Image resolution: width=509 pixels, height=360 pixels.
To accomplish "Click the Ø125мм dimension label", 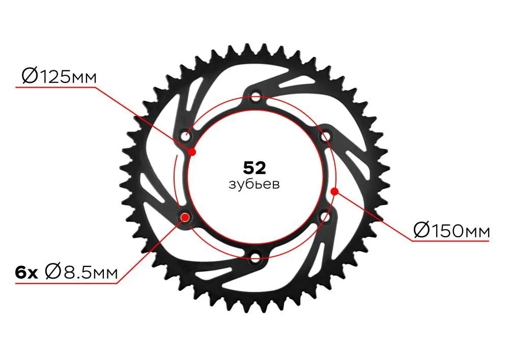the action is click(59, 76).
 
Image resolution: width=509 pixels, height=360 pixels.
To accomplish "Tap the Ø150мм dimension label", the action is click(451, 231).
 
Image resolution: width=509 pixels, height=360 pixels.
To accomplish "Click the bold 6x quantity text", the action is click(26, 273).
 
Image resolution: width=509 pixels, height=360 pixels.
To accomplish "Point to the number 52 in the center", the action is click(254, 168).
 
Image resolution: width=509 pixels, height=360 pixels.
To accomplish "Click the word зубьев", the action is click(254, 184).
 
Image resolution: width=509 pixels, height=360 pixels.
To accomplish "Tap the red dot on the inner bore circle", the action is click(192, 152).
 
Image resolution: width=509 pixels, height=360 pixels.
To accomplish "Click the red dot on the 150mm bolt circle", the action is click(334, 191).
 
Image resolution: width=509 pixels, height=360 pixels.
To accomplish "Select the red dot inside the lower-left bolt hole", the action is click(185, 217).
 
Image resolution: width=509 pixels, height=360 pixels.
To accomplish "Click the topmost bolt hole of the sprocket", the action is click(256, 97).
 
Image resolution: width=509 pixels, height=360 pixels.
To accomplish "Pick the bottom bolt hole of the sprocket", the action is click(256, 258).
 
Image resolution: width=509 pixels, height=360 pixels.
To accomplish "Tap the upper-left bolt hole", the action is click(186, 135).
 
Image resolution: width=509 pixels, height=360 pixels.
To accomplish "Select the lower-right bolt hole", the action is click(325, 217).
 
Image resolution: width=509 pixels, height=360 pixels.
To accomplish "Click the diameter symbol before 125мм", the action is click(30, 76).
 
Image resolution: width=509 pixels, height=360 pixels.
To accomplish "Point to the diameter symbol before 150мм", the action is click(422, 231).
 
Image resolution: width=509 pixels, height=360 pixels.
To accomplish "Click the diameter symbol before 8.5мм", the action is click(53, 272).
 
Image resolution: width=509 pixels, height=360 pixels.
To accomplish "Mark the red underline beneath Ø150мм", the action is click(451, 241).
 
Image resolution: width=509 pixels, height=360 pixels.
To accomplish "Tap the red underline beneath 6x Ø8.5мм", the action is click(66, 284).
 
